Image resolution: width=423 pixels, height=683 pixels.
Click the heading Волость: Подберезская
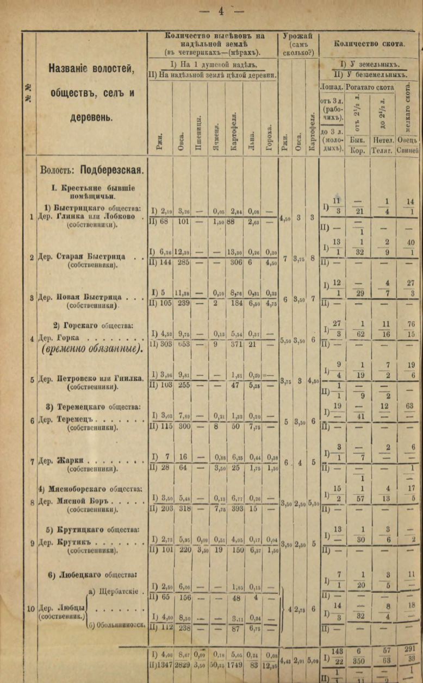[x=92, y=170]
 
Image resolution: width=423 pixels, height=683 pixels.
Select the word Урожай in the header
[x=297, y=36]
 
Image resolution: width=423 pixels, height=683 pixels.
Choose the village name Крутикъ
[x=74, y=542]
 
